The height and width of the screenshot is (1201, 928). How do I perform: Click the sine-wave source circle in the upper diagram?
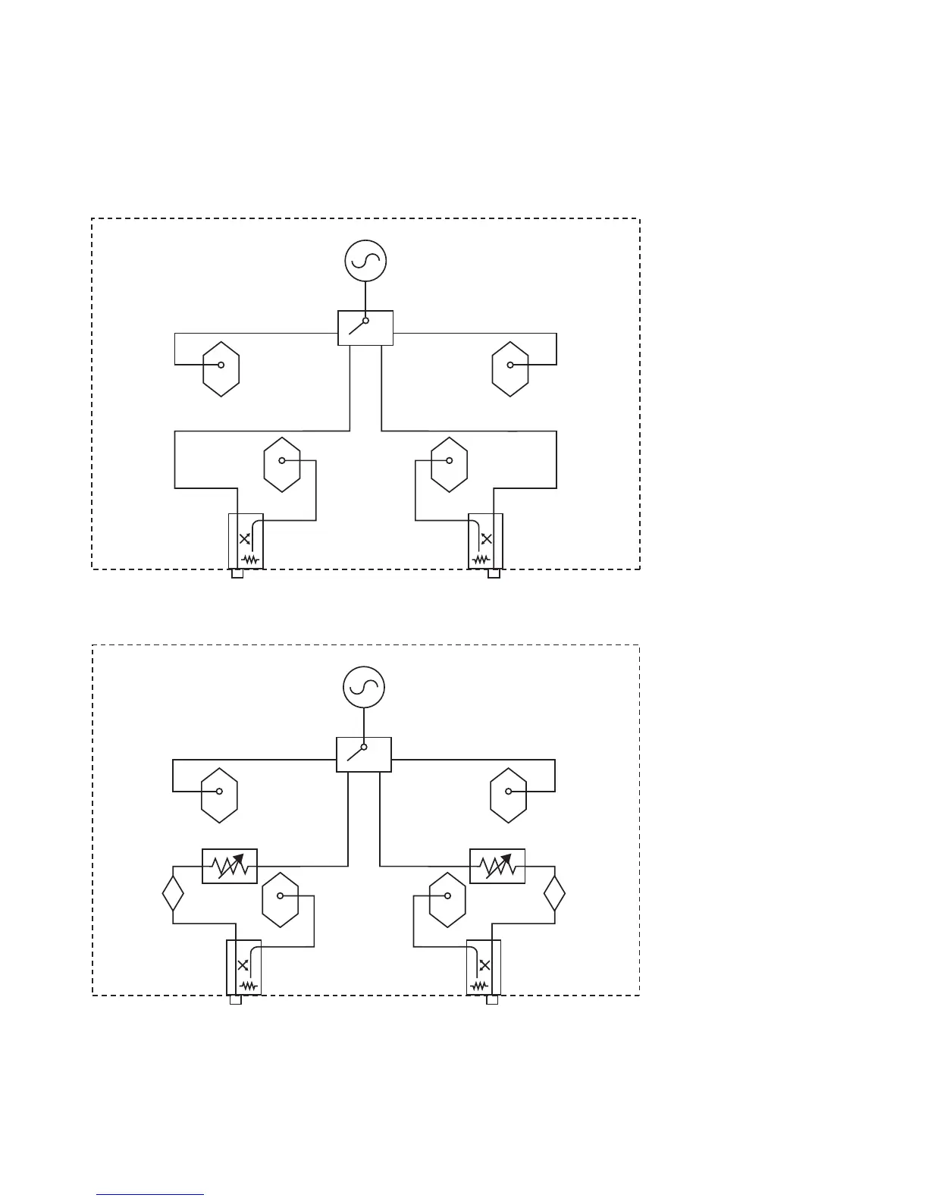point(365,261)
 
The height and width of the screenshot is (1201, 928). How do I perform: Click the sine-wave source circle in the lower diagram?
point(364,688)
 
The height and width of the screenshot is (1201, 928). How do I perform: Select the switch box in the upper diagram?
point(365,328)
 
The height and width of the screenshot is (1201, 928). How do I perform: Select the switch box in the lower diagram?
point(364,754)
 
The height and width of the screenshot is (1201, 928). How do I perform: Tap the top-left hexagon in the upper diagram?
point(221,368)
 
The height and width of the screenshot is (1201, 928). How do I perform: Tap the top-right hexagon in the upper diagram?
point(510,368)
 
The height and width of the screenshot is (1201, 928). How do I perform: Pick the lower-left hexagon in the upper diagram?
point(282,464)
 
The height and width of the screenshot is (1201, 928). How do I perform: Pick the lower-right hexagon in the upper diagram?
point(450,464)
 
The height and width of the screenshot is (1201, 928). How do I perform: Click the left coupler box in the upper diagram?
point(246,541)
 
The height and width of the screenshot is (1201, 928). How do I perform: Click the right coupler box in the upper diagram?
point(485,541)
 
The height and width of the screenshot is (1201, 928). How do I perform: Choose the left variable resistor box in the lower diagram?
point(230,866)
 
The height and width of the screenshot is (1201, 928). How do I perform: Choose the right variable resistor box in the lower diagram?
point(497,866)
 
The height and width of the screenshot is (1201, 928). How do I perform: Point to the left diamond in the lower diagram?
point(174,893)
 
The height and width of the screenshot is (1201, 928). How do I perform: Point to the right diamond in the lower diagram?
point(555,893)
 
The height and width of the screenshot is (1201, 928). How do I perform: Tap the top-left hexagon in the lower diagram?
point(220,795)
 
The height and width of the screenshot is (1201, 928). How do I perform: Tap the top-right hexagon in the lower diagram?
point(509,795)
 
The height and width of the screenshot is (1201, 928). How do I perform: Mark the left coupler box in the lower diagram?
point(244,967)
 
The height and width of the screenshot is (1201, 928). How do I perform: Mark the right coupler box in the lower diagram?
point(484,967)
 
